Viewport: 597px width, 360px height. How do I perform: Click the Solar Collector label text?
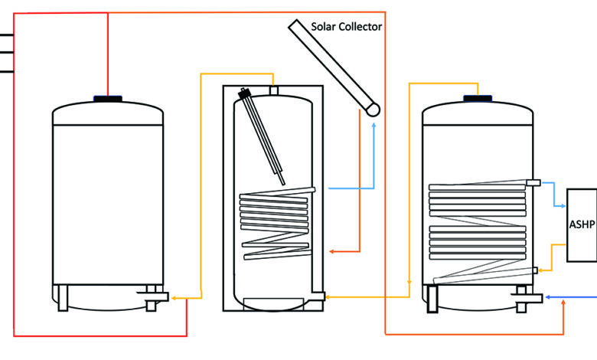(346, 27)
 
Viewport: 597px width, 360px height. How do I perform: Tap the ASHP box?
(582, 225)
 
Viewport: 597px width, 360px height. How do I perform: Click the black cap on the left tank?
(108, 99)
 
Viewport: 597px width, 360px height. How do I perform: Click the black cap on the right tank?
(478, 98)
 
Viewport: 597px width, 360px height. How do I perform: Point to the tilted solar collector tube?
(334, 68)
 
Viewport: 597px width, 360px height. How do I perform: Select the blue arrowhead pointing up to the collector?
(374, 125)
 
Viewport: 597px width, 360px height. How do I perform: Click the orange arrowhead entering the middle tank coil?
(332, 251)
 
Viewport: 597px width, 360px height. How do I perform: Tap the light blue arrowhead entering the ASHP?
(563, 206)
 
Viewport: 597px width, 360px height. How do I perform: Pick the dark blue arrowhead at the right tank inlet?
(548, 297)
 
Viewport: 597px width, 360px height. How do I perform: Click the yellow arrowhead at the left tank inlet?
(173, 298)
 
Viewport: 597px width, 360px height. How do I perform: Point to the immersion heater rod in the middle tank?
(262, 136)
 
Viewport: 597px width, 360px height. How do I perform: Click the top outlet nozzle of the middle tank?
(274, 90)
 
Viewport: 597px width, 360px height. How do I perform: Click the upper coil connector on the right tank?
(533, 183)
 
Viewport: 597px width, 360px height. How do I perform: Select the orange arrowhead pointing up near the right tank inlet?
(563, 303)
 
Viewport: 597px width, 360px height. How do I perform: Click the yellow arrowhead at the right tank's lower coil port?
(540, 270)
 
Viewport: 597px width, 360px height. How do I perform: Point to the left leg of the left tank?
(63, 298)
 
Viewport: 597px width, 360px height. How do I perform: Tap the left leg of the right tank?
(432, 299)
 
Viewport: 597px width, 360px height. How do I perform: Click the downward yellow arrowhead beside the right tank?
(409, 283)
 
